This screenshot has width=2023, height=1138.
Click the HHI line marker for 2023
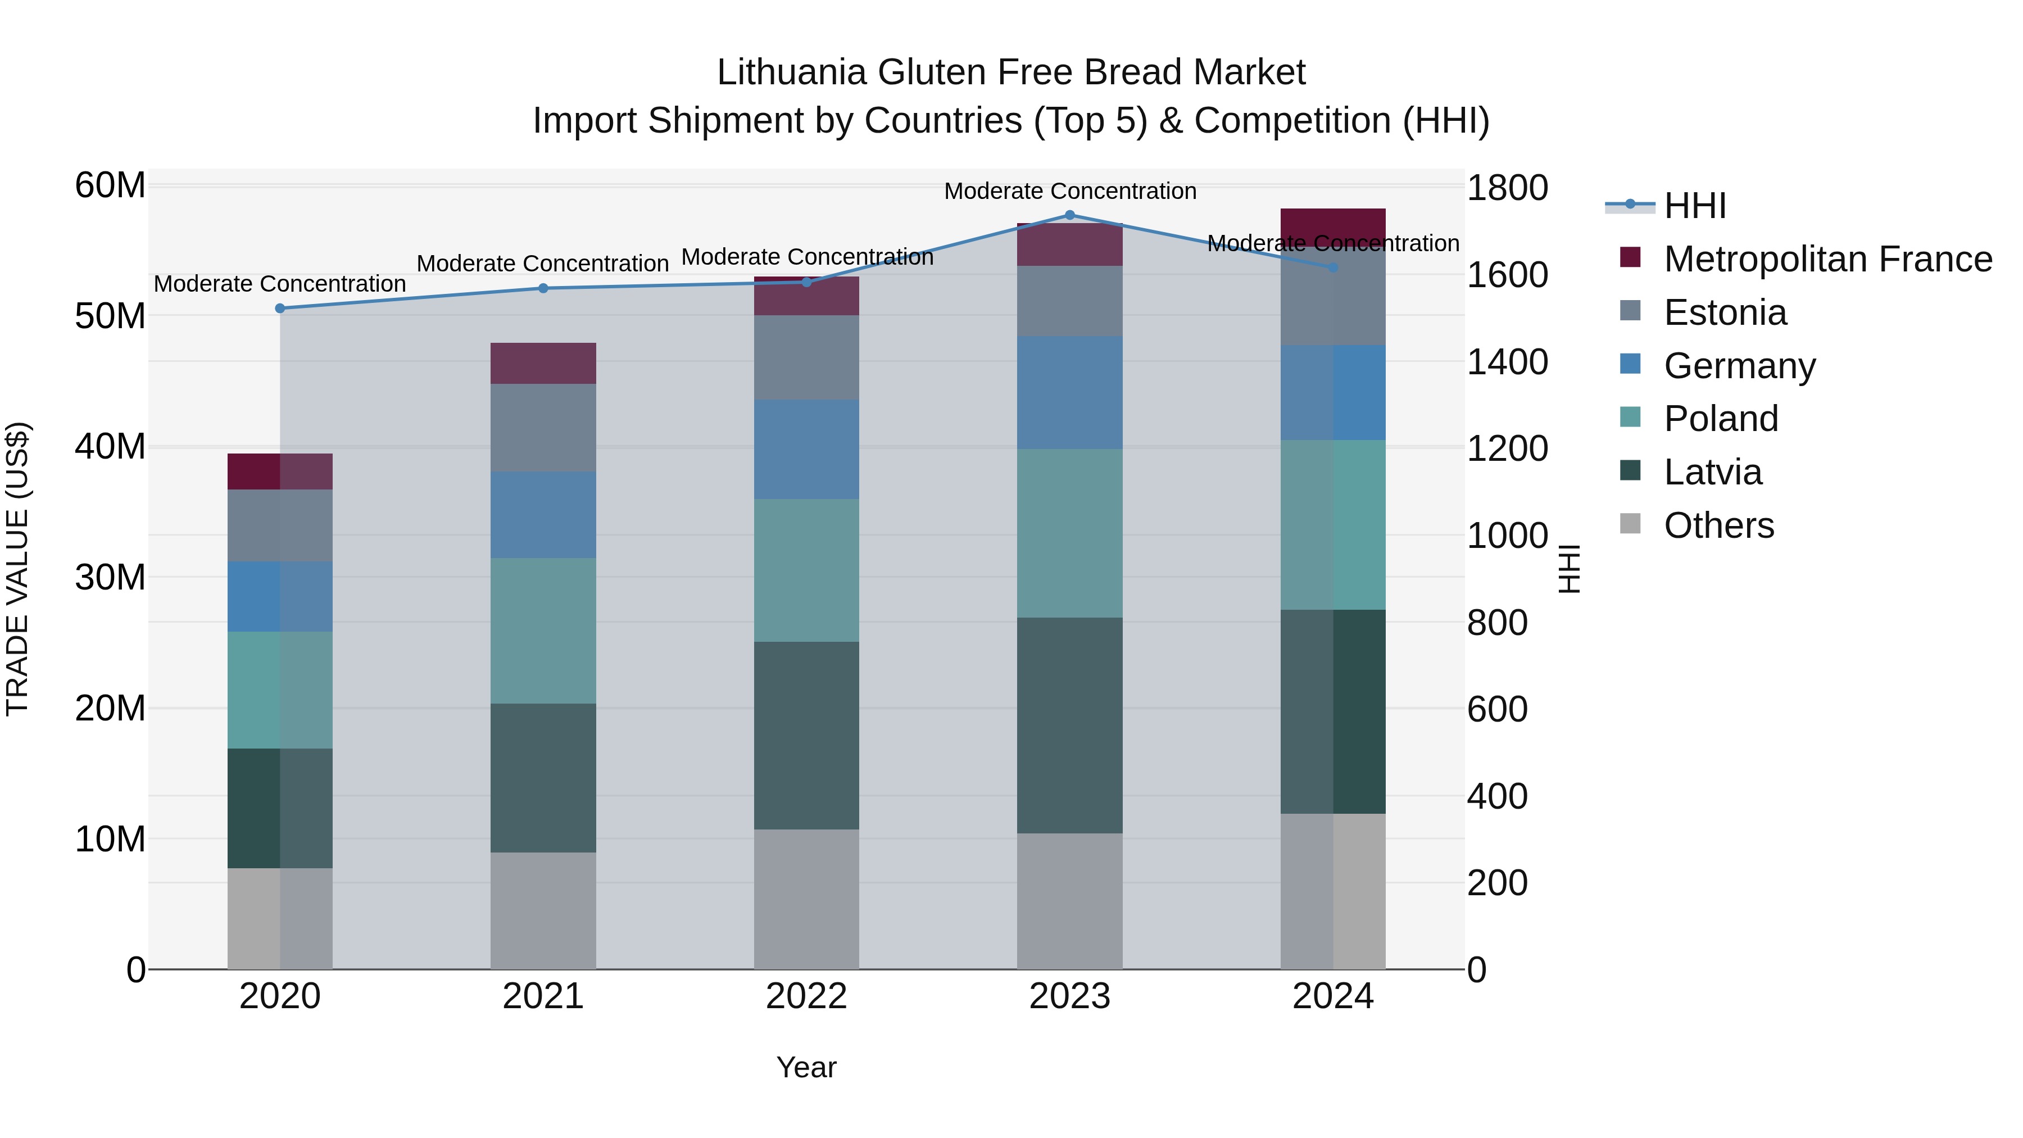point(1069,215)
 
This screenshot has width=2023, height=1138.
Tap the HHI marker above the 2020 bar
point(280,309)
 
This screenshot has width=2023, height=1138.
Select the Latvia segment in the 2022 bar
point(806,735)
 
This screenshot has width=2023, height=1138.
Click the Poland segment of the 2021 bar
point(543,631)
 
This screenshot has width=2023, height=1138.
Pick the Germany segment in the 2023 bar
point(1069,393)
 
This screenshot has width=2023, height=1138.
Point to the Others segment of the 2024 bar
point(1333,891)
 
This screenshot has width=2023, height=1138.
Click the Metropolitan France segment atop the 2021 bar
point(543,363)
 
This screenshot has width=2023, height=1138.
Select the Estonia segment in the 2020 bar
point(280,525)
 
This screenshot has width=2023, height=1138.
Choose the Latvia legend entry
point(1713,472)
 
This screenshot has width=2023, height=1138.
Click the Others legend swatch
point(1630,524)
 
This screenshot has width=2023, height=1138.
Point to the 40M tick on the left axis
point(110,447)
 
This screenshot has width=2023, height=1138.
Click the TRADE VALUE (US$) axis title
point(17,569)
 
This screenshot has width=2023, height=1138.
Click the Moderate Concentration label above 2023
point(1069,191)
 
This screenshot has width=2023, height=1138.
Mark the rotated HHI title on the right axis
point(1568,569)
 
